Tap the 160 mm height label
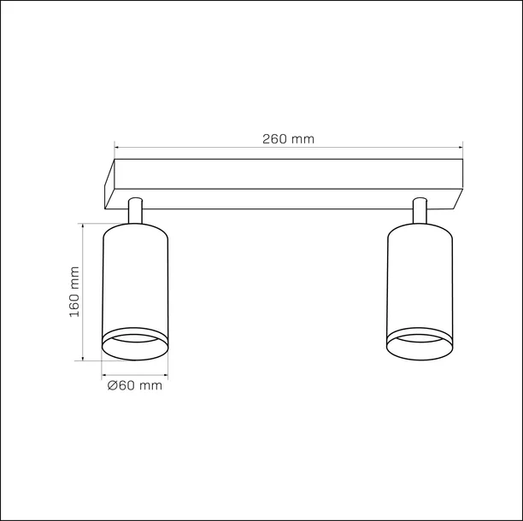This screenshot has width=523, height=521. tap(74, 291)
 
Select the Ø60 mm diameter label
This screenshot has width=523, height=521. tap(135, 386)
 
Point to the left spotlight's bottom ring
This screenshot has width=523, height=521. tap(134, 345)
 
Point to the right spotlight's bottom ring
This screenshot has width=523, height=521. tap(419, 345)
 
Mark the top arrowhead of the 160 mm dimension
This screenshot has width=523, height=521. tap(82, 227)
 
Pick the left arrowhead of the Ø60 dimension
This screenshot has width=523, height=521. tap(103, 374)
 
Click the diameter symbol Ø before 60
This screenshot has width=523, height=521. tap(113, 386)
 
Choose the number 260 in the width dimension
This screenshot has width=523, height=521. tap(273, 138)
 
